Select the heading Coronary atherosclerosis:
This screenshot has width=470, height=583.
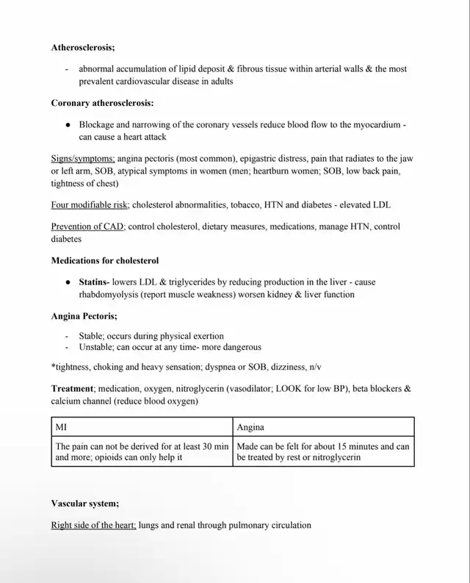click(102, 104)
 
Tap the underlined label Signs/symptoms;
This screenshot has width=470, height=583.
click(83, 159)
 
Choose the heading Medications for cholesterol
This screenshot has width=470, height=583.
click(104, 260)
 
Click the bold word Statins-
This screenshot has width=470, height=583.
click(95, 282)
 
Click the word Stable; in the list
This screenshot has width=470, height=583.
click(93, 336)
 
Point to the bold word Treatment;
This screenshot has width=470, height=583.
click(73, 388)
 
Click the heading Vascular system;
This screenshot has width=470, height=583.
click(84, 504)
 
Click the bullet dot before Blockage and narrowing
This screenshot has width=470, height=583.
click(68, 125)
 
